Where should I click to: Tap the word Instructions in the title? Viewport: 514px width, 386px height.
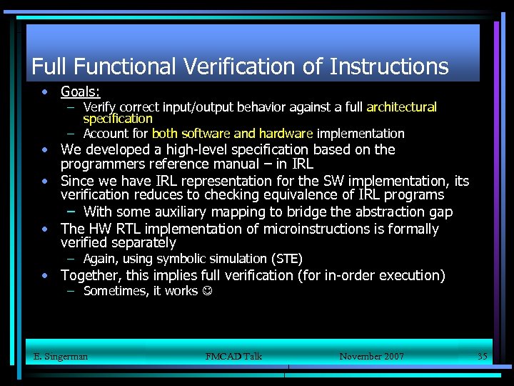click(x=389, y=67)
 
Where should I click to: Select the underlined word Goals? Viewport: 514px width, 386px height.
click(x=80, y=92)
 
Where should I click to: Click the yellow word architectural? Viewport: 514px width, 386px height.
click(x=401, y=107)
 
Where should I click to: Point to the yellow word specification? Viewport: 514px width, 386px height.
click(x=118, y=119)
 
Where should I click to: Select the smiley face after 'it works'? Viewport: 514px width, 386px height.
click(x=206, y=292)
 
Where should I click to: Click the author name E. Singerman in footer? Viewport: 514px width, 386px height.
click(x=61, y=356)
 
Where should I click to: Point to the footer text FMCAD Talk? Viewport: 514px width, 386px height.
click(x=233, y=356)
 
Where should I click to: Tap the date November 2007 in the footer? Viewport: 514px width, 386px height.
click(x=371, y=356)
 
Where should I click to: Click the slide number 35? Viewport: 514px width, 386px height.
click(x=483, y=356)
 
